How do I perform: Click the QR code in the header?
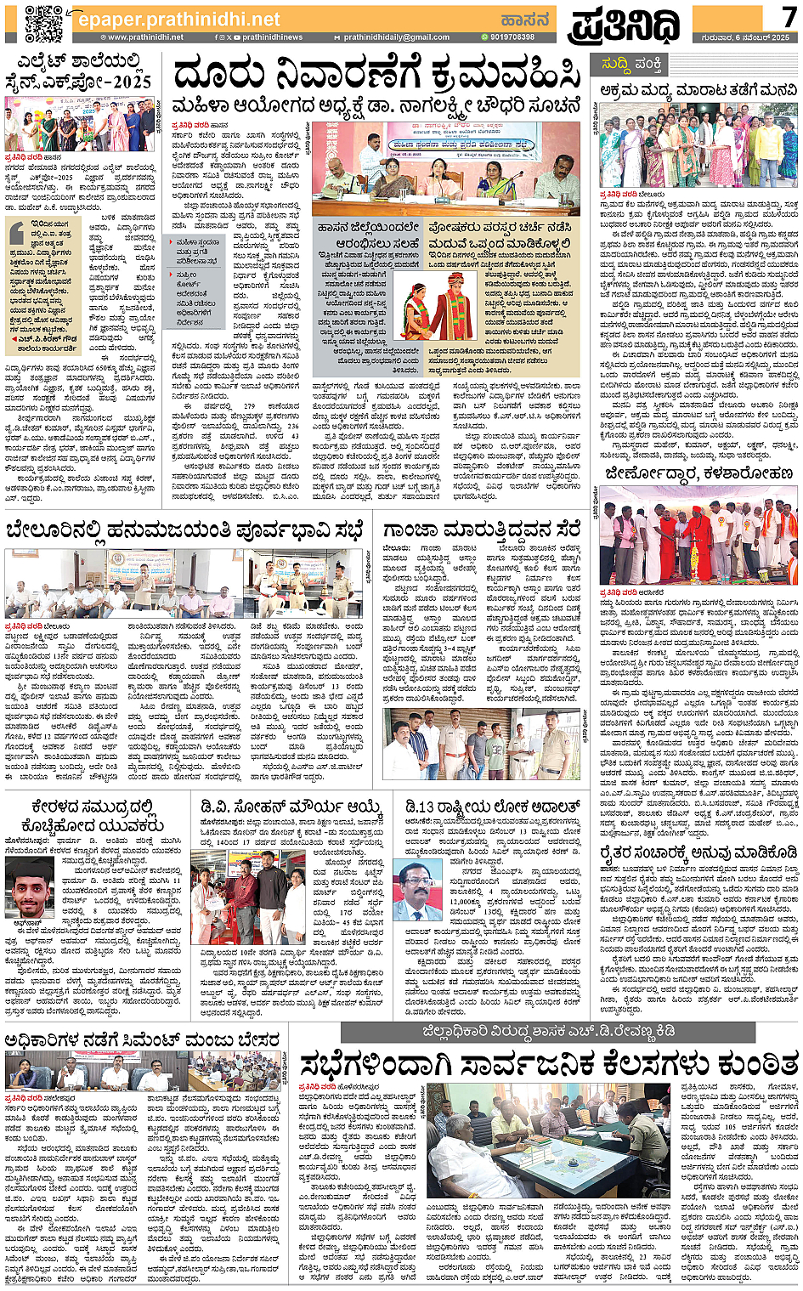pyautogui.click(x=45, y=23)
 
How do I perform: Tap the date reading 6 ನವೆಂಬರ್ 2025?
pyautogui.click(x=751, y=37)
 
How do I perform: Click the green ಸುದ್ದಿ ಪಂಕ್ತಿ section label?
pyautogui.click(x=631, y=64)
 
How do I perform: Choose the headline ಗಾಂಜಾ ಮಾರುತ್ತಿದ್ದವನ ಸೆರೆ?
pyautogui.click(x=481, y=529)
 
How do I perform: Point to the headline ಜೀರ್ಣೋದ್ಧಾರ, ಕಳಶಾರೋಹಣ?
pyautogui.click(x=699, y=473)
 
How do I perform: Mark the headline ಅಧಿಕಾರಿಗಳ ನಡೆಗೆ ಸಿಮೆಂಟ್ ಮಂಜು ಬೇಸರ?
pyautogui.click(x=142, y=1039)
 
